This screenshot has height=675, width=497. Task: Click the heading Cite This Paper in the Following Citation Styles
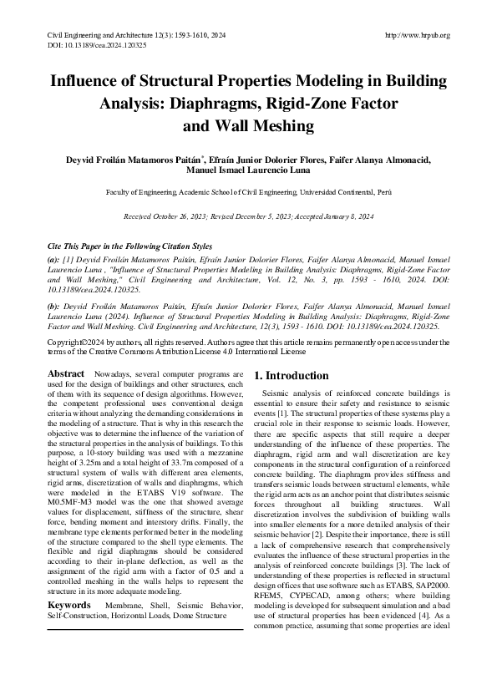(x=130, y=248)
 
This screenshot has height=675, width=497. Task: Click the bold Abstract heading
(x=65, y=373)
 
